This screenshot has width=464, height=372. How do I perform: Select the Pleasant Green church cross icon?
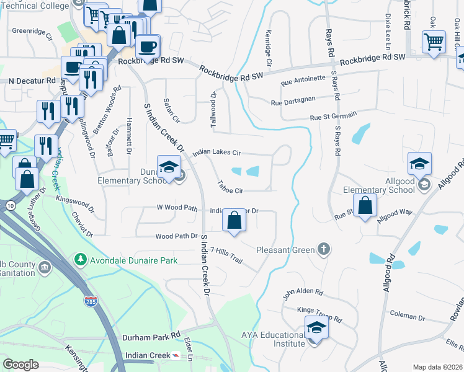[323, 249]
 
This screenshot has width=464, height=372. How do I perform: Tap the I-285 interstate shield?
[91, 301]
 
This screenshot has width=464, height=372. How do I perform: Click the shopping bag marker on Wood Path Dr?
[234, 221]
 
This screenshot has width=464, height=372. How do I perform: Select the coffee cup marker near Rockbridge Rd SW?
[147, 47]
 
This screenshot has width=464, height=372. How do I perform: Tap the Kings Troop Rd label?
[319, 314]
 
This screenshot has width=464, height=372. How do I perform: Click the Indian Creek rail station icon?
[177, 355]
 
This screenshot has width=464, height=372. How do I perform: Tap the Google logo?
[20, 365]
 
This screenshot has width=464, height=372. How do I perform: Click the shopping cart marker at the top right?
[434, 43]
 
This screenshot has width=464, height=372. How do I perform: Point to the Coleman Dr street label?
[408, 317]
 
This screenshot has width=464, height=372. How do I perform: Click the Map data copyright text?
[437, 367]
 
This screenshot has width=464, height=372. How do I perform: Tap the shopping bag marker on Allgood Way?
[365, 206]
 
